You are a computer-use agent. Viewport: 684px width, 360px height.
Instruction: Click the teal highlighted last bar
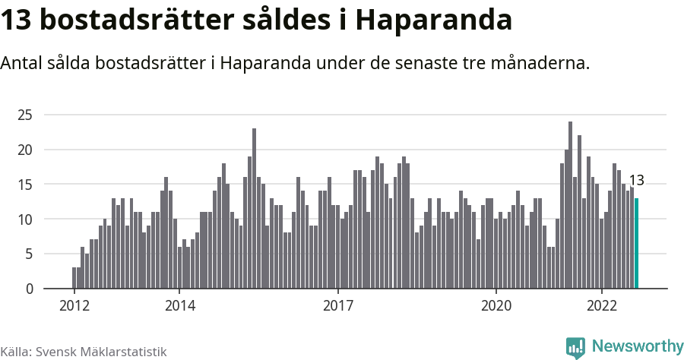point(637,243)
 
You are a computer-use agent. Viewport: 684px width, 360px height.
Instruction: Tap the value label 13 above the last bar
point(637,181)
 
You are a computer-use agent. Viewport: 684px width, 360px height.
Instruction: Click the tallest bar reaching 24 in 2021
point(570,205)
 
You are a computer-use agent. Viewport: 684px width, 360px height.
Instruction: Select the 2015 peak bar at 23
point(254,209)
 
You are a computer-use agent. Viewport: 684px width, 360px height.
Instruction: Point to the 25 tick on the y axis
point(26,115)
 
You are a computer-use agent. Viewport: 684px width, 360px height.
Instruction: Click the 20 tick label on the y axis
point(26,150)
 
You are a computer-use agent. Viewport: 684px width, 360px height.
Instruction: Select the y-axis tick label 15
point(26,185)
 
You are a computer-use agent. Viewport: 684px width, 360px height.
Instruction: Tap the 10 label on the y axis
point(26,219)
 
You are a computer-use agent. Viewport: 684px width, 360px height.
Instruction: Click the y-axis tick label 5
point(29,254)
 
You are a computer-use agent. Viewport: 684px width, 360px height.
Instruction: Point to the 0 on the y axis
point(29,289)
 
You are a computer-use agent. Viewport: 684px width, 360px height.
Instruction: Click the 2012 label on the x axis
point(74,306)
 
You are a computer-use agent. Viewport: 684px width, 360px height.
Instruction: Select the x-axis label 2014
point(179,306)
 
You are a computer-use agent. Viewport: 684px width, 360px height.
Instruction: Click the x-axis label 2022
point(601,306)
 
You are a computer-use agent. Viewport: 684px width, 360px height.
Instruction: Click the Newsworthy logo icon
point(575,347)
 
